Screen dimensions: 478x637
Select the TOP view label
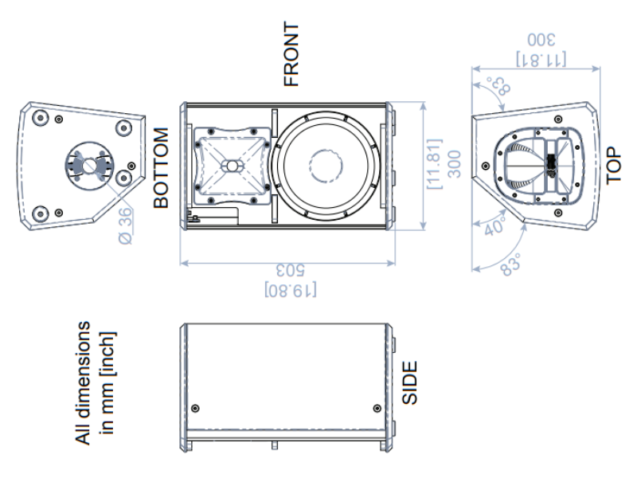(x=612, y=165)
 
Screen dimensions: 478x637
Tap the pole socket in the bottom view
(x=88, y=165)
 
